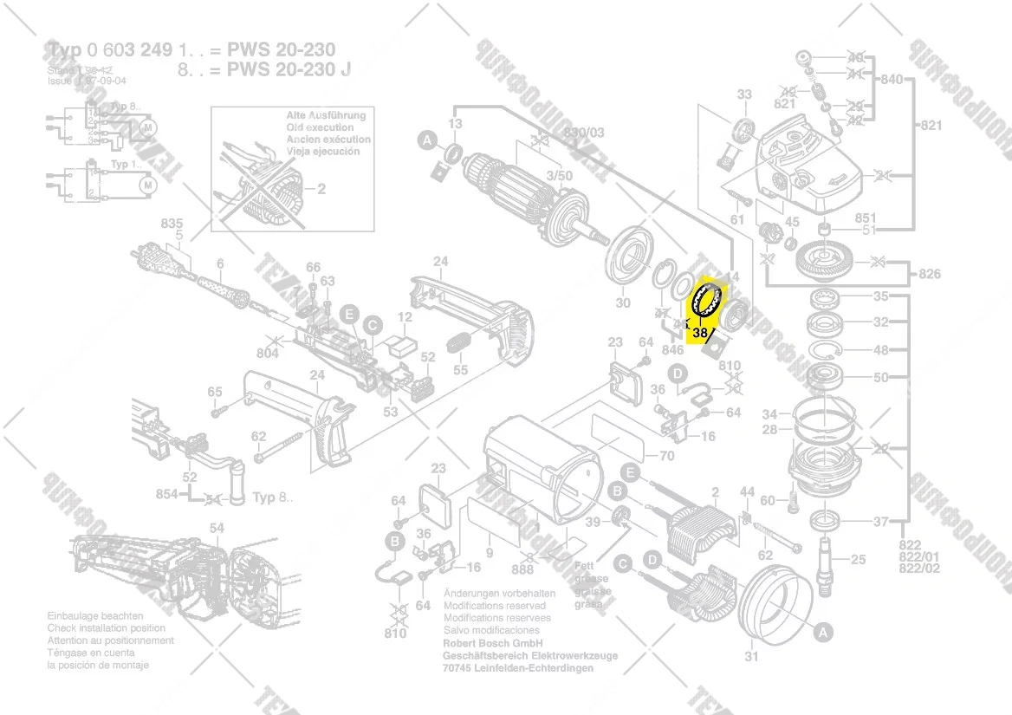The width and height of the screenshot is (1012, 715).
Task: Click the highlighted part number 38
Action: coord(702,330)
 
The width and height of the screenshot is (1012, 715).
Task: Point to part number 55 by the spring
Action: coord(460,370)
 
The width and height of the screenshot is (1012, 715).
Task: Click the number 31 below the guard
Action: coord(751,656)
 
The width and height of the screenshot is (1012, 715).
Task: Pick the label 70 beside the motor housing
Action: coord(666,456)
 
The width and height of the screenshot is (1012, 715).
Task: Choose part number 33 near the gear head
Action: coord(744,94)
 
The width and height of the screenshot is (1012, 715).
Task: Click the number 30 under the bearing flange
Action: coord(623,302)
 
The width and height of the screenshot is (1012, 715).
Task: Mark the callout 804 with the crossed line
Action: coord(268,353)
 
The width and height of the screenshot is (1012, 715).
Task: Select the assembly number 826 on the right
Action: coord(929,275)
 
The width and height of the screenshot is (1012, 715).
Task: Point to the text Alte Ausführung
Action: coord(326,115)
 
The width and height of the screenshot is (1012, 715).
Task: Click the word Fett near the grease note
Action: coord(585,565)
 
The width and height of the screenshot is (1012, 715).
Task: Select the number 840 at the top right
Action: coord(891,80)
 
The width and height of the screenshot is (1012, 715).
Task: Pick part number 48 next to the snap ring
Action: coord(880,351)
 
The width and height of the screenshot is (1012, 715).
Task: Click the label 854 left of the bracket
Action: coord(166,494)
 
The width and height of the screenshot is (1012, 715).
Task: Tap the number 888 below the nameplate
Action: coord(522,569)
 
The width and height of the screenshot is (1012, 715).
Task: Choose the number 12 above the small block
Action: coord(405,317)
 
